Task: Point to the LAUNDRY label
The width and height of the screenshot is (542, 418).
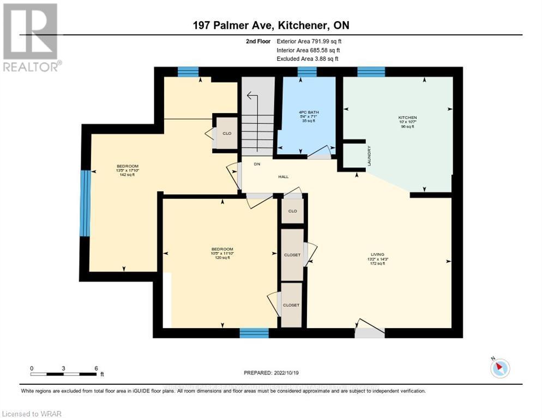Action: pyautogui.click(x=369, y=156)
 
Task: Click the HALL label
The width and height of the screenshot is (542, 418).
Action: pyautogui.click(x=283, y=177)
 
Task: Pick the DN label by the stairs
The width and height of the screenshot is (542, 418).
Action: pyautogui.click(x=257, y=164)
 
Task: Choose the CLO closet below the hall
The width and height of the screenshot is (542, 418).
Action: pyautogui.click(x=292, y=211)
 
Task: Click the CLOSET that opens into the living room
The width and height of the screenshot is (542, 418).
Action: pyautogui.click(x=292, y=255)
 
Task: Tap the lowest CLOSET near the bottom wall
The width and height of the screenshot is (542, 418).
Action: pyautogui.click(x=291, y=305)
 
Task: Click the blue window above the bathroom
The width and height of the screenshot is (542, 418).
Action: pyautogui.click(x=307, y=72)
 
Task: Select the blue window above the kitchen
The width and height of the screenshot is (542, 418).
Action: pyautogui.click(x=371, y=72)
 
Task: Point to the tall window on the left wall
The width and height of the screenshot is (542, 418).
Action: pyautogui.click(x=85, y=203)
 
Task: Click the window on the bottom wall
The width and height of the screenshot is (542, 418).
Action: pyautogui.click(x=254, y=333)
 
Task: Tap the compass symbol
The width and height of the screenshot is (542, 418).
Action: pyautogui.click(x=499, y=368)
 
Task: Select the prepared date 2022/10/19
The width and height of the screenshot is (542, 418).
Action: pyautogui.click(x=272, y=373)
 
